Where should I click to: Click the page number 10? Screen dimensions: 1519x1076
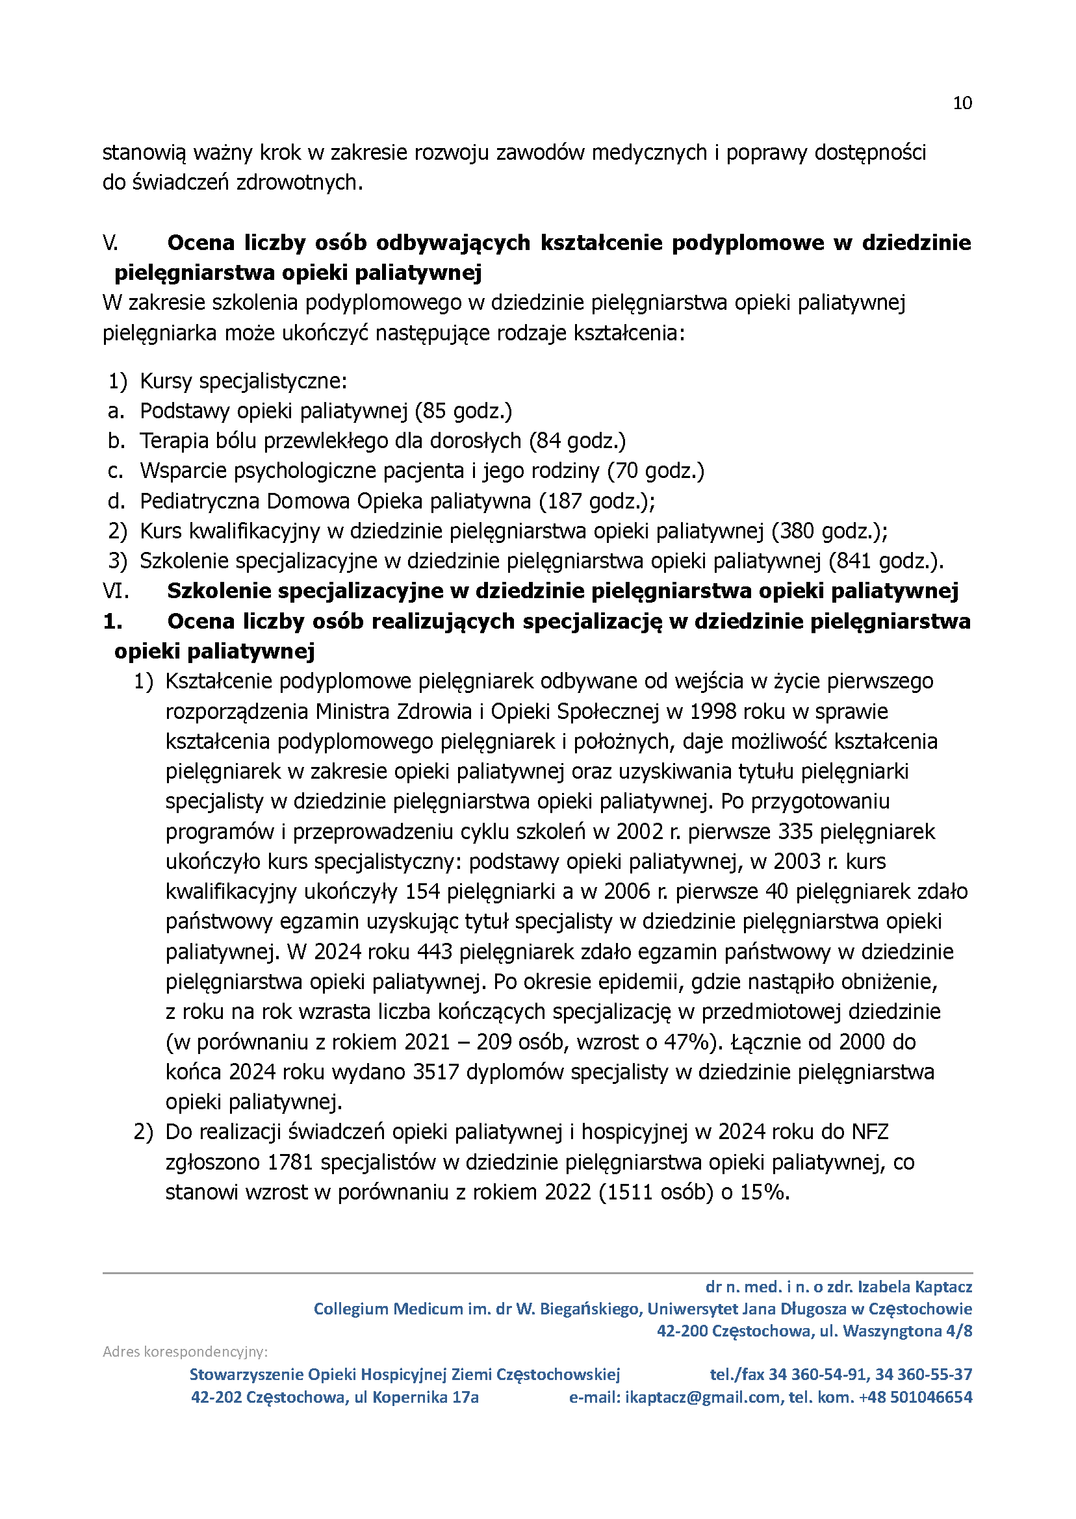(962, 103)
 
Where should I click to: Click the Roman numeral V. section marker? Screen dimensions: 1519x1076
(110, 243)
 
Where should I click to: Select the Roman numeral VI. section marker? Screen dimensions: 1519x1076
(115, 590)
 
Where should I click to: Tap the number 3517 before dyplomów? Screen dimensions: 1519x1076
(436, 1072)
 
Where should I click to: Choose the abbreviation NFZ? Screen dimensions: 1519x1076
(869, 1133)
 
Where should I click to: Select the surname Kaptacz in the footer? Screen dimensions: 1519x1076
(943, 1287)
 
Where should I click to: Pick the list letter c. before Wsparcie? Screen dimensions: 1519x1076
(115, 471)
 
